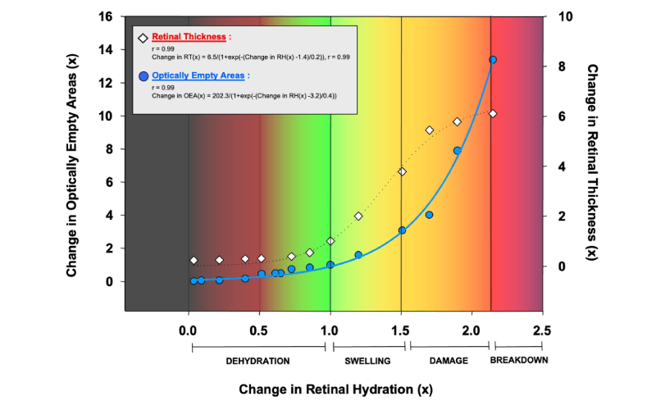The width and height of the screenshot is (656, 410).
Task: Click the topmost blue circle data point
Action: [x=493, y=60]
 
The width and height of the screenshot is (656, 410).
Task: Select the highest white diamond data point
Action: [x=493, y=114]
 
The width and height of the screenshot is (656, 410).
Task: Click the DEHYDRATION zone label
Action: [x=257, y=361]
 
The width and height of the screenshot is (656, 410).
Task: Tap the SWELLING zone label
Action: [x=367, y=361]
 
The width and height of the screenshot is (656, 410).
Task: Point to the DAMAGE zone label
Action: [x=449, y=361]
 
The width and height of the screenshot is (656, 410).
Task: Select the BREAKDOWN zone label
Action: [x=519, y=360]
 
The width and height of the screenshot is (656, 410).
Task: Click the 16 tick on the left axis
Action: [x=107, y=16]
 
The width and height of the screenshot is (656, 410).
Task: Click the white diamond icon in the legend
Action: [x=143, y=38]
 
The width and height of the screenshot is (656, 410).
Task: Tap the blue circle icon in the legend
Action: [x=143, y=76]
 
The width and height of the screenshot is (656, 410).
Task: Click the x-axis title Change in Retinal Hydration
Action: [x=335, y=388]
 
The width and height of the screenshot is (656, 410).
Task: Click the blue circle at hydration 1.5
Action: [x=402, y=230]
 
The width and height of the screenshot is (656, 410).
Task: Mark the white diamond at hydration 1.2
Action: [x=358, y=216]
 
